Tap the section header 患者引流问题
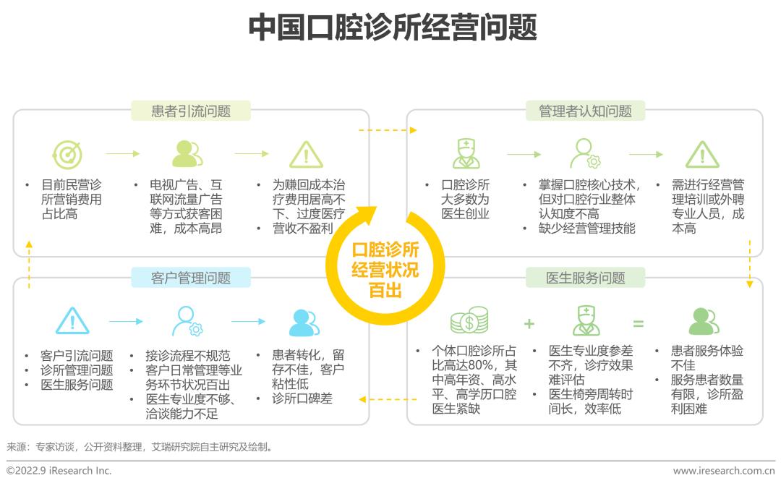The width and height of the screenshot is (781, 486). pos(191,111)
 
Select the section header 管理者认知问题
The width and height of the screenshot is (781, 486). pos(585,111)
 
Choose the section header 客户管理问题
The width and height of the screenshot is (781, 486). pos(191,278)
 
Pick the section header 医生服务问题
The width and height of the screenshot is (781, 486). pos(585,278)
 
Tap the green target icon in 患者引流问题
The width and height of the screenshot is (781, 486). pos(67,154)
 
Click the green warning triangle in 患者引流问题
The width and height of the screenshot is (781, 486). pos(306,154)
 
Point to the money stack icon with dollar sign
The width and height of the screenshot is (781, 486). pos(469,320)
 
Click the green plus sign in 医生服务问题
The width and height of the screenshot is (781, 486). pos(529,323)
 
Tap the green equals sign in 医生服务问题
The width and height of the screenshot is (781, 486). pos(638,323)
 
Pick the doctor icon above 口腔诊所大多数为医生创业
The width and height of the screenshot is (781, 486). pos(466,153)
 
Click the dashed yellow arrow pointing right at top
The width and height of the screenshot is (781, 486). pos(388,130)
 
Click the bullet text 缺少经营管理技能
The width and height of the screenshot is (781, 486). pos(589,229)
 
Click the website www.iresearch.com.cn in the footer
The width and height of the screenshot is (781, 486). pos(723,471)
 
